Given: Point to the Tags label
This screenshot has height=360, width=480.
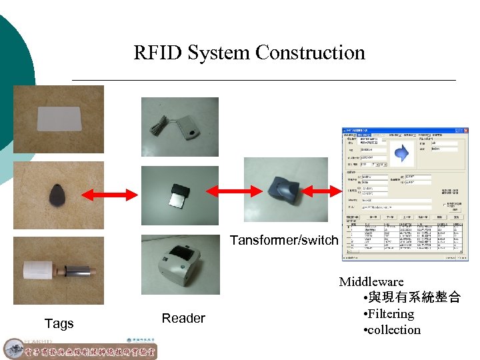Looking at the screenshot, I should pos(59,323).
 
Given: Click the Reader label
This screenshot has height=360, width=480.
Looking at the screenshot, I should pos(183,318).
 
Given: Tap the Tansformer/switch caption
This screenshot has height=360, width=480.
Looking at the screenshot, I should pos(284,240).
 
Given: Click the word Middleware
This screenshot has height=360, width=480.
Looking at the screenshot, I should pos(371,281).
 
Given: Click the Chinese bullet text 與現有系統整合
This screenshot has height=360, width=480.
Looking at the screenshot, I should pos(411,297).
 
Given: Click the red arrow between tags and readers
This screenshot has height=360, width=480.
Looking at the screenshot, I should pos(111,194).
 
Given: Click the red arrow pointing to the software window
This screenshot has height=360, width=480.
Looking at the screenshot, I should pos(337,191).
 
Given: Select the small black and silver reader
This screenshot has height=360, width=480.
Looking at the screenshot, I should pos(179,195).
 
